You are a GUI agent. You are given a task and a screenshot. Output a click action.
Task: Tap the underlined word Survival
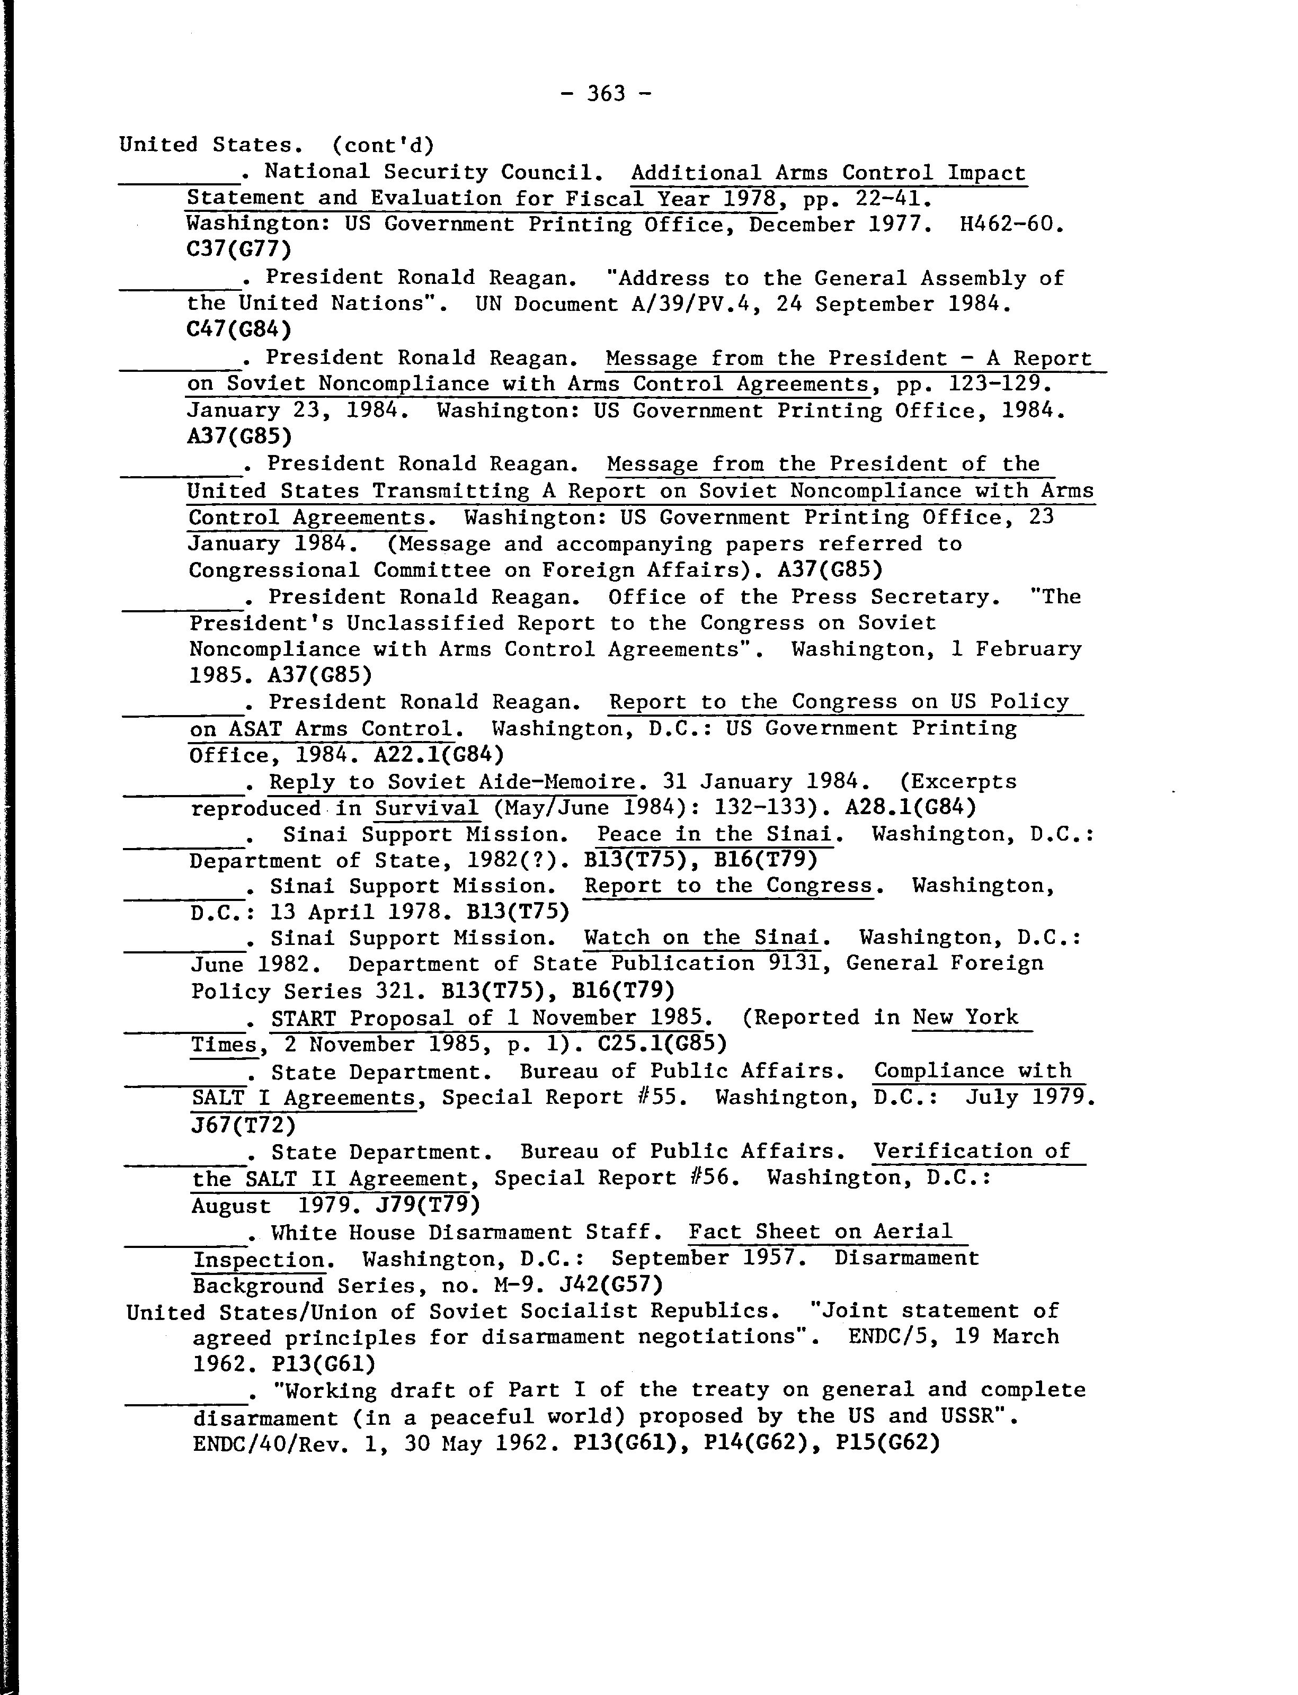click(x=427, y=808)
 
